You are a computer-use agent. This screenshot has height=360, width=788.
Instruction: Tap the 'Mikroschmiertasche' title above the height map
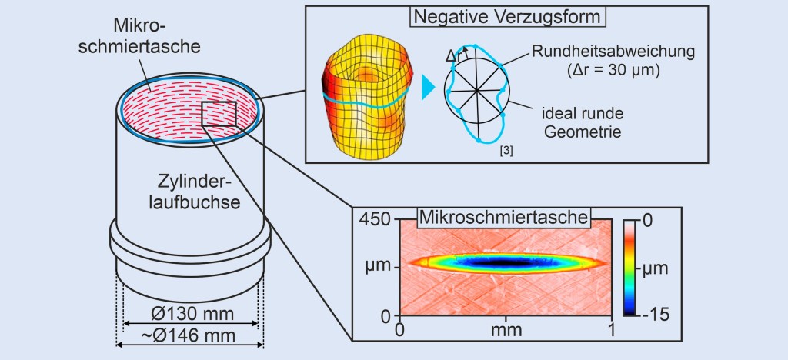point(503,217)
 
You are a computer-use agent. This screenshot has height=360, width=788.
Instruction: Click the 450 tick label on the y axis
point(377,220)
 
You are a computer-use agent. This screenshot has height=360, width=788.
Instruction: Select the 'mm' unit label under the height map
point(506,330)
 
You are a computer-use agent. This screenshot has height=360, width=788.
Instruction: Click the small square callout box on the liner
point(218,113)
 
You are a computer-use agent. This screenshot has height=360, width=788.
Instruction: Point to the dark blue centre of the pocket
point(504,262)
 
